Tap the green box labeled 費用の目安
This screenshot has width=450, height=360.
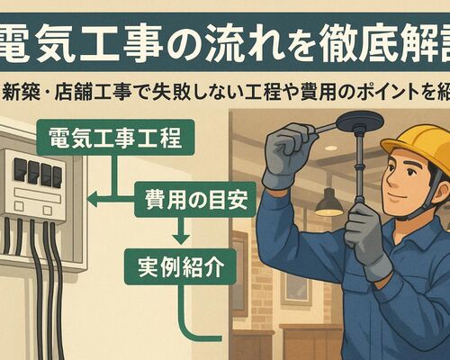pyautogui.click(x=186, y=201)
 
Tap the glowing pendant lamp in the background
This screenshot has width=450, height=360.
pyautogui.click(x=328, y=203)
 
